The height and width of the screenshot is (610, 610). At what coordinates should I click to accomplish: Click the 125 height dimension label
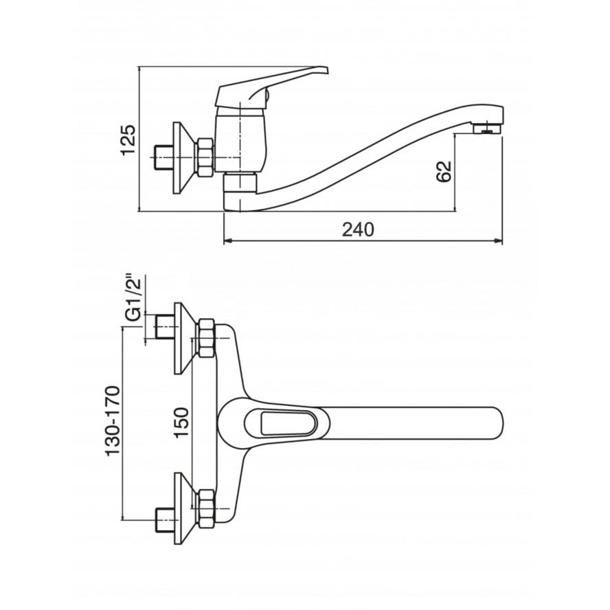pyautogui.click(x=128, y=140)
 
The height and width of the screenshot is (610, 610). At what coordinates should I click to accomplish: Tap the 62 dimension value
pyautogui.click(x=444, y=171)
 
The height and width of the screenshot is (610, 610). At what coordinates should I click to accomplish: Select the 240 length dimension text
pyautogui.click(x=358, y=229)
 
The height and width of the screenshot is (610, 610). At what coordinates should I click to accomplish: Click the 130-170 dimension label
pyautogui.click(x=113, y=420)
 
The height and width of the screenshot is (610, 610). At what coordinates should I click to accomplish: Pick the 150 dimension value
pyautogui.click(x=181, y=422)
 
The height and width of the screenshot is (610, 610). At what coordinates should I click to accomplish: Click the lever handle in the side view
pyautogui.click(x=269, y=87)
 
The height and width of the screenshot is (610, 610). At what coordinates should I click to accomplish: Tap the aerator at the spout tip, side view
pyautogui.click(x=486, y=128)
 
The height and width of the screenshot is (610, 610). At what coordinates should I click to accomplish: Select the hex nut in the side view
pyautogui.click(x=206, y=157)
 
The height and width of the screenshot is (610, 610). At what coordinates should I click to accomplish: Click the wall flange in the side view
pyautogui.click(x=183, y=157)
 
